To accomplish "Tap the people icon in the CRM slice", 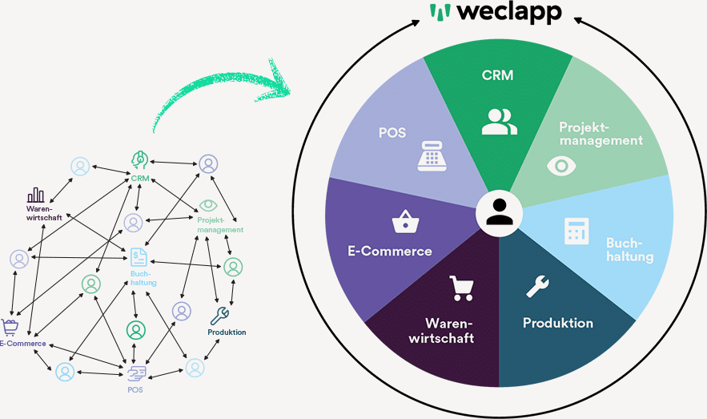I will click(x=499, y=121).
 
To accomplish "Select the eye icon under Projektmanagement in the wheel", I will click(x=563, y=166).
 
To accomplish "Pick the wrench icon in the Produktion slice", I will click(x=536, y=286).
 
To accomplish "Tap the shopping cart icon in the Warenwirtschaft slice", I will click(x=461, y=288).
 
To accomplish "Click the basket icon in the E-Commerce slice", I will click(x=403, y=222).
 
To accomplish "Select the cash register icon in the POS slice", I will click(x=432, y=154).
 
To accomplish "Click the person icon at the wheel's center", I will click(x=499, y=213).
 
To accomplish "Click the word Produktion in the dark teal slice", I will click(x=557, y=323).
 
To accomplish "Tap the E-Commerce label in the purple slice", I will click(x=390, y=251).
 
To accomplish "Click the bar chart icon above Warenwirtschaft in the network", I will click(x=36, y=195).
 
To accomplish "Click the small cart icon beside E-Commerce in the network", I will click(x=10, y=326).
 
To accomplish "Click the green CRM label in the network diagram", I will click(x=141, y=178).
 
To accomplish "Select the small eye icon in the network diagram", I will click(x=208, y=204).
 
